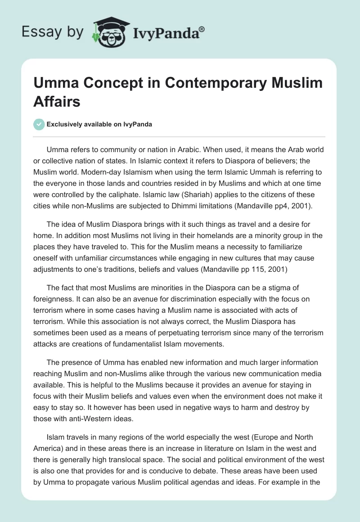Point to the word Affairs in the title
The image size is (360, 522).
click(x=57, y=102)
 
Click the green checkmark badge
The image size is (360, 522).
click(x=40, y=124)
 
